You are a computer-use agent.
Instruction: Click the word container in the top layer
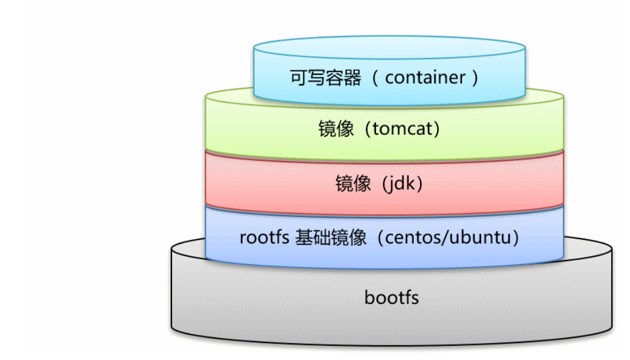pyautogui.click(x=425, y=77)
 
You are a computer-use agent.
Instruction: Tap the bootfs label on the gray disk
pyautogui.click(x=391, y=298)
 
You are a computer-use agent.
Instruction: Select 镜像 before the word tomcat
pyautogui.click(x=336, y=130)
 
